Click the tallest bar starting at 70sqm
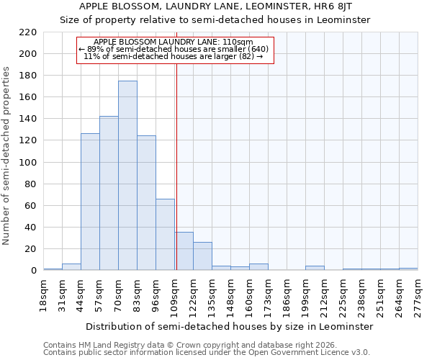click(x=127, y=176)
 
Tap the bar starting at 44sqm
click(x=90, y=202)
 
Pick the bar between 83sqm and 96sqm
click(x=146, y=203)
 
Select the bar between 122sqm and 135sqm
click(x=202, y=256)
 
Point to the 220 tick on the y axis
click(x=29, y=32)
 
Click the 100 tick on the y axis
click(x=29, y=163)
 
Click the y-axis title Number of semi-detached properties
click(x=7, y=156)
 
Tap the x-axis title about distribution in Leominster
click(x=229, y=326)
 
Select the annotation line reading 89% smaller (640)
click(x=174, y=49)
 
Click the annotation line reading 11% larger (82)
click(x=174, y=56)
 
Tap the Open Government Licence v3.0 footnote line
click(x=206, y=353)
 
